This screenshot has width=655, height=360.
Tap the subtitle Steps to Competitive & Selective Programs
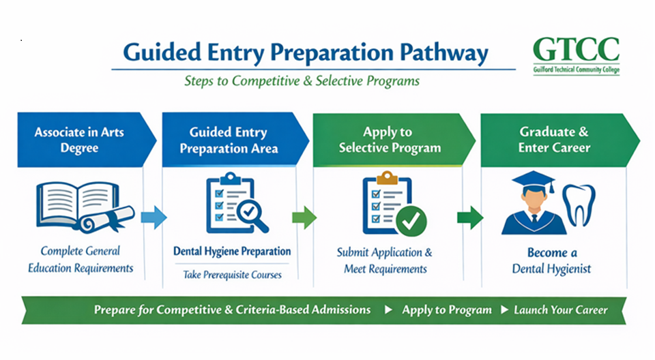(302, 80)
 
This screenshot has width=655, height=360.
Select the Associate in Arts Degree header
(79, 140)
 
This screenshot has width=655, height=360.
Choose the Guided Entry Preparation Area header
(228, 140)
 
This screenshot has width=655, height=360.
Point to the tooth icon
(578, 205)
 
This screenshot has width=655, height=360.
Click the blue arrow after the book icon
(153, 217)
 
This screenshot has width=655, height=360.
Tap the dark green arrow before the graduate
(469, 217)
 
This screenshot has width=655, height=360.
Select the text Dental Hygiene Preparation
(232, 252)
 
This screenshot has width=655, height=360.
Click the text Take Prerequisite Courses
(232, 275)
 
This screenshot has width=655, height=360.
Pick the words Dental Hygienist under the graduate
(553, 269)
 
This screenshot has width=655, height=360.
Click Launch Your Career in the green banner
(559, 310)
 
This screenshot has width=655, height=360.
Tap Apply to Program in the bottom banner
(446, 310)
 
